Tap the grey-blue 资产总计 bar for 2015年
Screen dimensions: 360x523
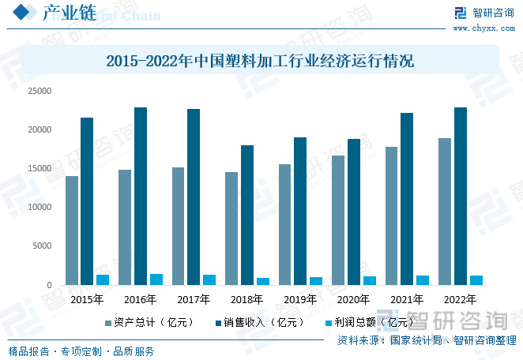coord(72,230)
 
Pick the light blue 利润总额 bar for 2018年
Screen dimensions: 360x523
coord(262,281)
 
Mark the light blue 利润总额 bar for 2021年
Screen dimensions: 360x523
coord(423,280)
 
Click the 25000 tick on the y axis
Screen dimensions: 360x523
coord(39,91)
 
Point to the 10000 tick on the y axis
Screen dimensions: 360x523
coord(39,207)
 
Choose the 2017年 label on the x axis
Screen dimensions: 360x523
coord(194,299)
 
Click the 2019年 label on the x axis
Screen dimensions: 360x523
coord(300,299)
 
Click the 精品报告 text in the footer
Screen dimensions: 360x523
coord(28,351)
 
